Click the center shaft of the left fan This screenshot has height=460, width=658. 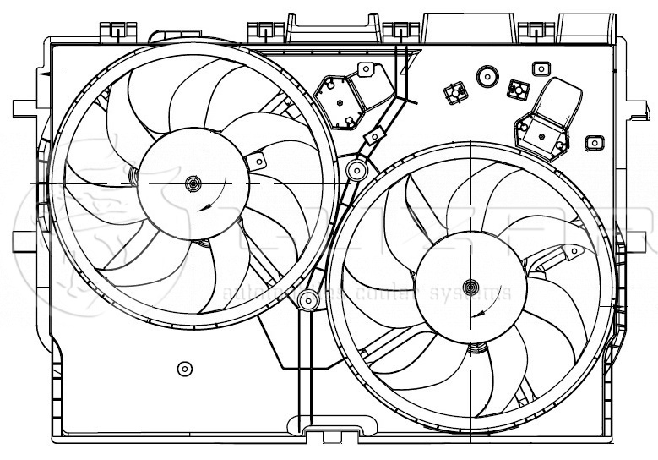(x=193, y=183)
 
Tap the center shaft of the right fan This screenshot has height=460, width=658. (x=470, y=286)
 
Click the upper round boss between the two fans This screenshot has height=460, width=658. (x=356, y=172)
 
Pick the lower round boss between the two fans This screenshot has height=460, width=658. (x=310, y=298)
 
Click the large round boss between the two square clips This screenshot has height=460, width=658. (x=487, y=77)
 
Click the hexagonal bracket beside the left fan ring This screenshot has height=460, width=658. (x=340, y=100)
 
